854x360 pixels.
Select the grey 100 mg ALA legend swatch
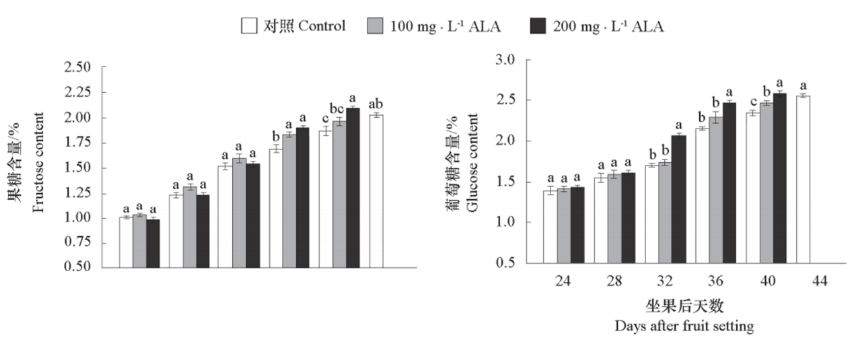tap(375, 26)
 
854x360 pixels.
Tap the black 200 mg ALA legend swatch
tap(539, 26)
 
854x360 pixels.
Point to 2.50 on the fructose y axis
tap(77, 67)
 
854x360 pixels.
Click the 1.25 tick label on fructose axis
tap(77, 194)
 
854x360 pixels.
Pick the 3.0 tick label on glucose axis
tap(504, 60)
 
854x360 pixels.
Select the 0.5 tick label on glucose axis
tap(504, 263)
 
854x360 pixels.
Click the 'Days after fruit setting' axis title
tap(684, 326)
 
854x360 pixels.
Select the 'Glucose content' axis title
tap(472, 162)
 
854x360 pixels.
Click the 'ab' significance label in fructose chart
tap(376, 104)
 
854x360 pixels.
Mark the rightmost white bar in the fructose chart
tap(376, 191)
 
